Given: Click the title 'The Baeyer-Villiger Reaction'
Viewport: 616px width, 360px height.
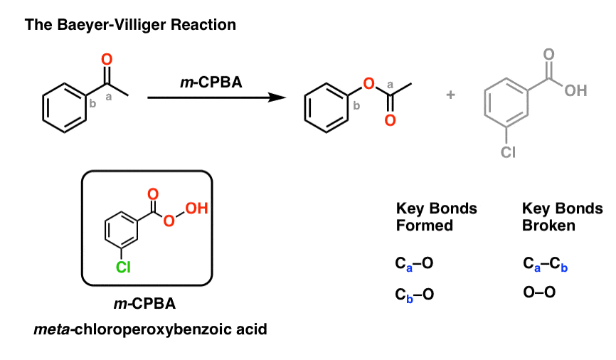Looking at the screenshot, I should pyautogui.click(x=130, y=25).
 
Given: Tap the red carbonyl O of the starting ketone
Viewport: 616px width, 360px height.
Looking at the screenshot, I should pyautogui.click(x=107, y=59).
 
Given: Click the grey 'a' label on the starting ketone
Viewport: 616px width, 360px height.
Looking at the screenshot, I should pyautogui.click(x=108, y=97).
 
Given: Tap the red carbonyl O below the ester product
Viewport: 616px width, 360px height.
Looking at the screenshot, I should pyautogui.click(x=389, y=120).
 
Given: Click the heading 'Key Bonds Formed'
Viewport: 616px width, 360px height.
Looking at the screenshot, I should pyautogui.click(x=436, y=218).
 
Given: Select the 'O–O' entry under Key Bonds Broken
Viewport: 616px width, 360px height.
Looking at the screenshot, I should pyautogui.click(x=539, y=292).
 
